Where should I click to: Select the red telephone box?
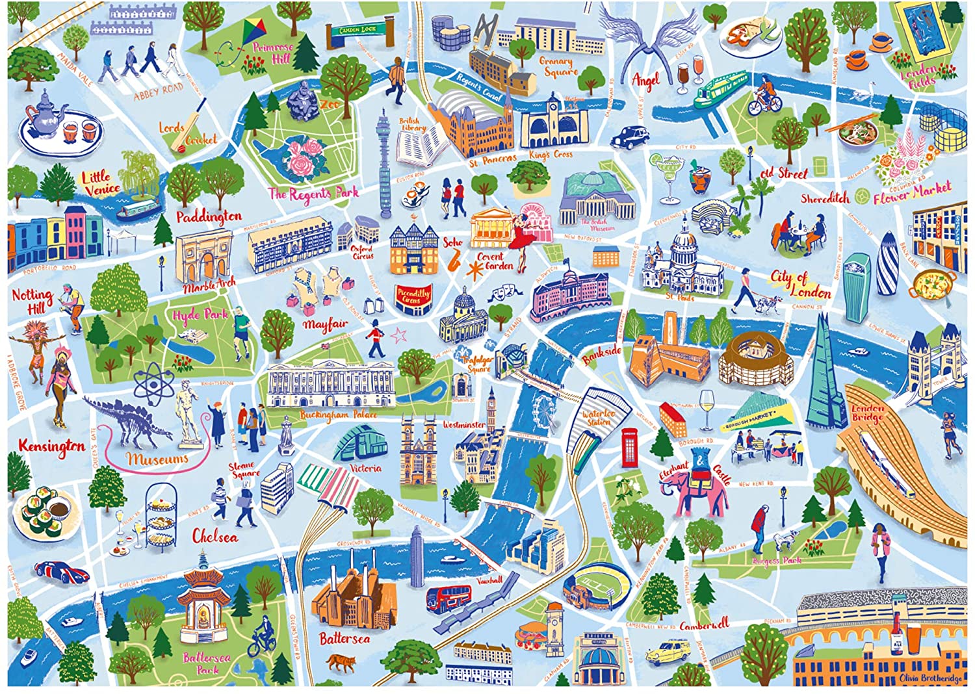(x=629, y=447)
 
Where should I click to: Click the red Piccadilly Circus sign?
(x=413, y=298)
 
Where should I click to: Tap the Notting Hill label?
(x=32, y=300)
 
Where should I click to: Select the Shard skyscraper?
(x=823, y=377)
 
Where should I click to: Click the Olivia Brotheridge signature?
(x=931, y=678)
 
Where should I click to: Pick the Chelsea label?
(x=215, y=537)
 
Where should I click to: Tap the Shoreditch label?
(x=825, y=199)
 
